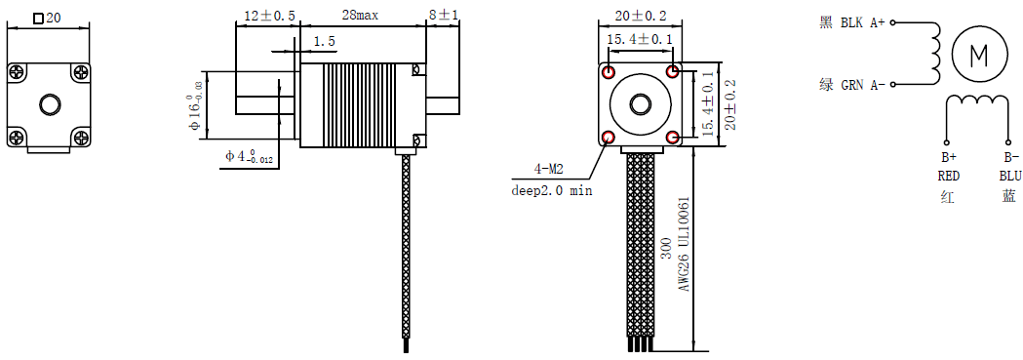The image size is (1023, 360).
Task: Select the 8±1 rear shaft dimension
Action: coord(443,15)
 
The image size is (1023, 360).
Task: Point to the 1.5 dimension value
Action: coord(324,41)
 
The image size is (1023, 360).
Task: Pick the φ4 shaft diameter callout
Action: coord(250,156)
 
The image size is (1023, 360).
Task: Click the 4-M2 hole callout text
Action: coord(548,170)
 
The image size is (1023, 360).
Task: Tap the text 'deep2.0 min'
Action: coord(552,192)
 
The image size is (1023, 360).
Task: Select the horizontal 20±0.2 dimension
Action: coord(640,15)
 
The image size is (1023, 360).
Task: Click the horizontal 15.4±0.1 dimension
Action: coord(640,40)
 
